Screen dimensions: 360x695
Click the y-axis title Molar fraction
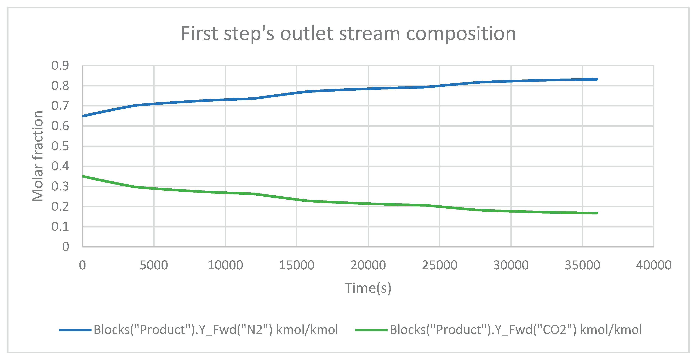[38, 156]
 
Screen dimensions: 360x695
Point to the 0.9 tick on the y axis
[60, 66]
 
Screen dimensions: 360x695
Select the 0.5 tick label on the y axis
[60, 146]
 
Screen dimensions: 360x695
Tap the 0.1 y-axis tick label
[60, 227]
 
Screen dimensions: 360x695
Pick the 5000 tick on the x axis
[154, 265]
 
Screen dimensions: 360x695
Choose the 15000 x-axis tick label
[296, 265]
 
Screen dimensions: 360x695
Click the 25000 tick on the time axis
[439, 265]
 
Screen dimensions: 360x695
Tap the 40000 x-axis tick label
[653, 265]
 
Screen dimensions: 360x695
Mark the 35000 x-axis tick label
[582, 265]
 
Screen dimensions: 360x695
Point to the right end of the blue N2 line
[597, 79]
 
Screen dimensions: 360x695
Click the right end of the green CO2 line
[597, 213]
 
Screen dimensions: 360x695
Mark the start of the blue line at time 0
[83, 116]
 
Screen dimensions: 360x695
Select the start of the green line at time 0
[83, 176]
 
